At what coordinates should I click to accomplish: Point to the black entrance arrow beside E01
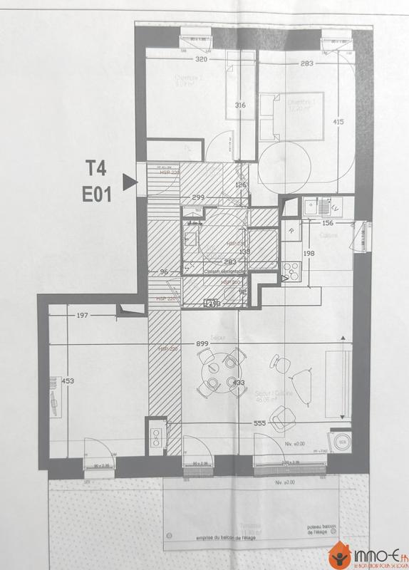(128, 183)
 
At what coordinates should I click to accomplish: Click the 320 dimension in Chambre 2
(189, 61)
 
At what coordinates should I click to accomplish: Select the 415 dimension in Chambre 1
(338, 122)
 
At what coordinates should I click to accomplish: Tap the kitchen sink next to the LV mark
(311, 208)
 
